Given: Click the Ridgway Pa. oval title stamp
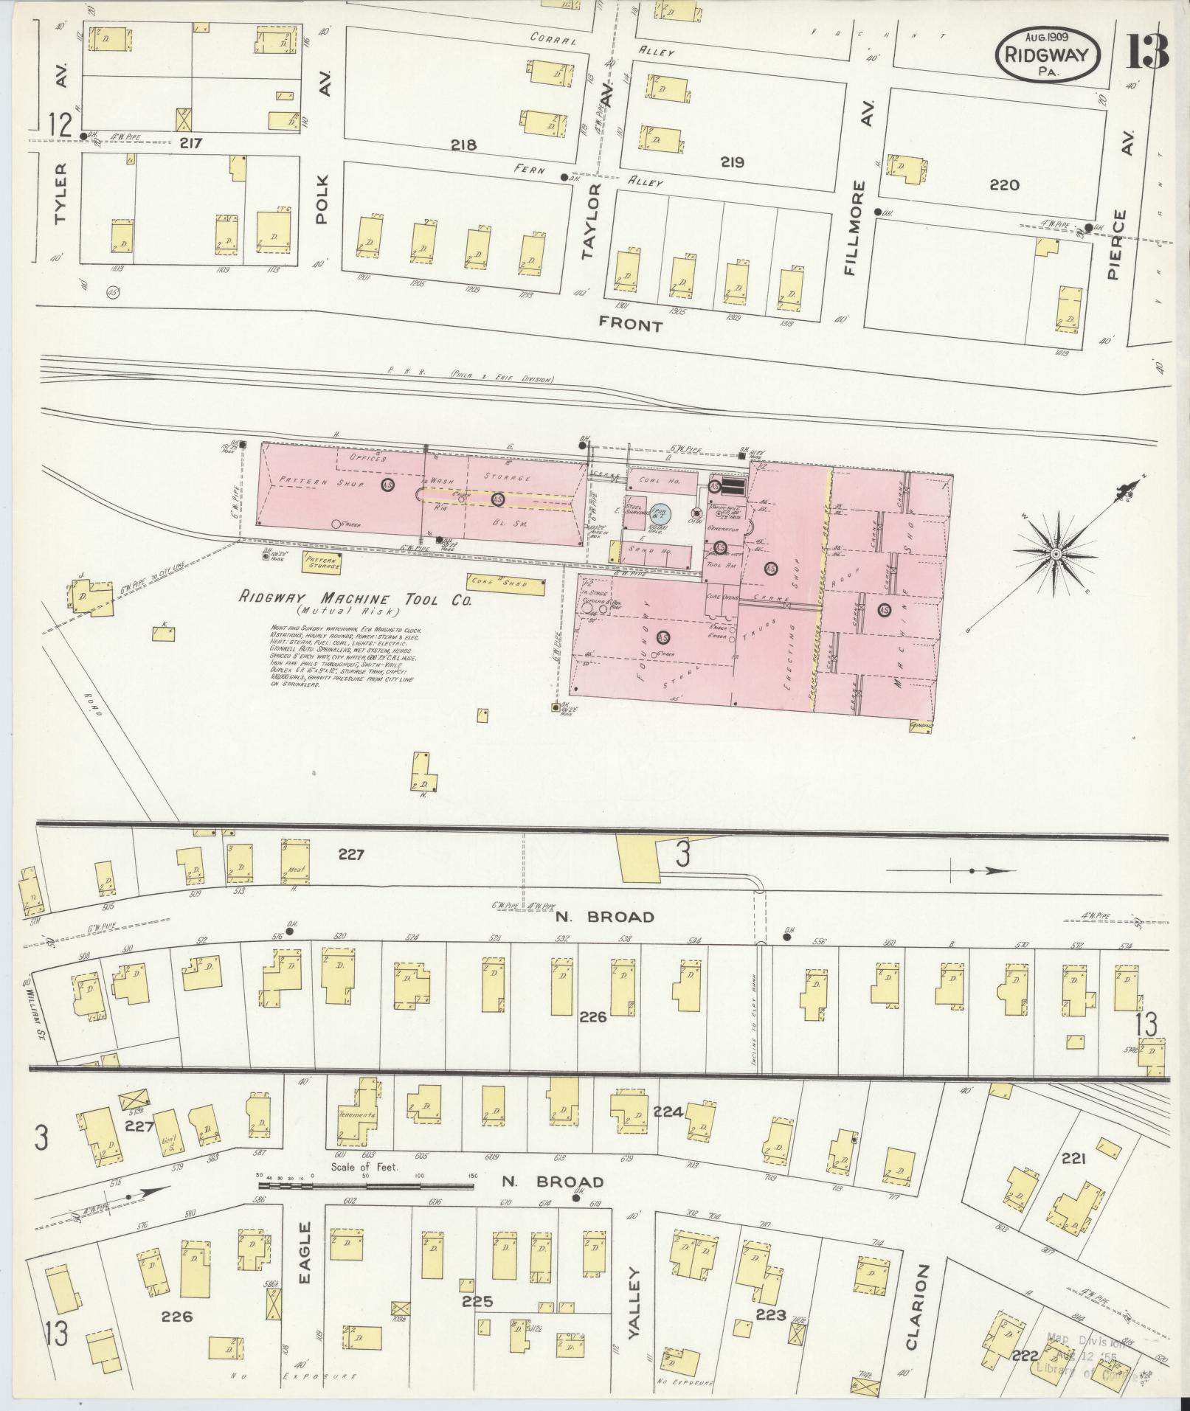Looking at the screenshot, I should [1048, 55].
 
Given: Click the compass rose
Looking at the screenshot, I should [1056, 553].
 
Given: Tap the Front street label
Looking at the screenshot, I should [630, 324].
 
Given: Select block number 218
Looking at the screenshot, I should [464, 145].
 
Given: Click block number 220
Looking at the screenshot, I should [1005, 184].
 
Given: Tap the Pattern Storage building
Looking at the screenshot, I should [322, 564].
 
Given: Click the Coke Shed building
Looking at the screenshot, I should [506, 585].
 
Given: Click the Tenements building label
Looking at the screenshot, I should [358, 1137].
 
